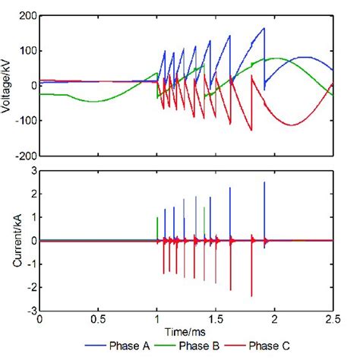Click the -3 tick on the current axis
[x=30, y=311]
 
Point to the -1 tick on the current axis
[x=30, y=264]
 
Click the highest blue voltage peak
[x=264, y=28]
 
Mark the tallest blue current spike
[x=264, y=182]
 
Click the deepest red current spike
[x=251, y=296]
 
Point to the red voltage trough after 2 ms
[x=290, y=125]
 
